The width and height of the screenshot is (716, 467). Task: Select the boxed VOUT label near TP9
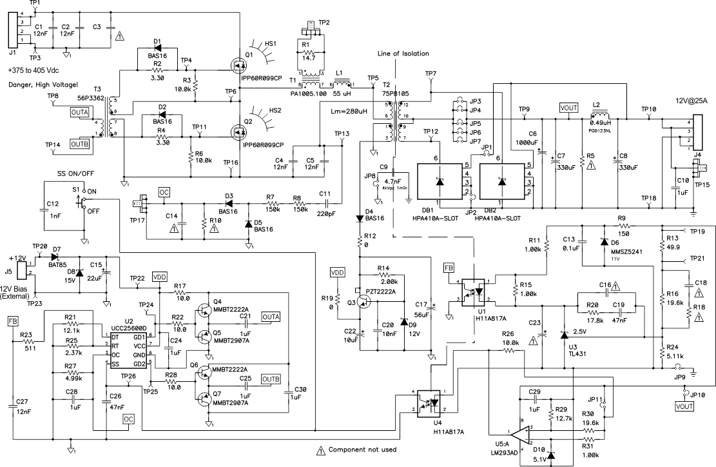point(569,108)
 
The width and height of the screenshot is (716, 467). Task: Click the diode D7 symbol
point(55,257)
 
